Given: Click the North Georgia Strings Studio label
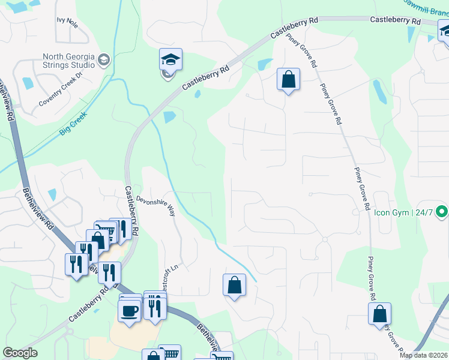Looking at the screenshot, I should click(x=67, y=61).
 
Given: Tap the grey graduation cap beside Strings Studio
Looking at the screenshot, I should click(x=104, y=60).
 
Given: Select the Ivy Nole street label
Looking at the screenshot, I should click(x=67, y=22).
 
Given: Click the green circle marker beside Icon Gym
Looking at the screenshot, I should click(x=442, y=212).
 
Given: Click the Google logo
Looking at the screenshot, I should click(x=20, y=353).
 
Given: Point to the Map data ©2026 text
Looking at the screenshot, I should click(x=423, y=355).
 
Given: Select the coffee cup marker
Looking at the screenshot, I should click(x=129, y=310).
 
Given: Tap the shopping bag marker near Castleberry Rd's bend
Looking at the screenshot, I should click(x=288, y=79).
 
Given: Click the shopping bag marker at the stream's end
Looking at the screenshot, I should click(x=234, y=285).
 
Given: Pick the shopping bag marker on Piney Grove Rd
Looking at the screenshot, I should click(x=379, y=314).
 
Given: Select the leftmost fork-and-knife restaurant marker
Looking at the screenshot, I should click(x=76, y=264).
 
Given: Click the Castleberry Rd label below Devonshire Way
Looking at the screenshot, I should click(x=132, y=210).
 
